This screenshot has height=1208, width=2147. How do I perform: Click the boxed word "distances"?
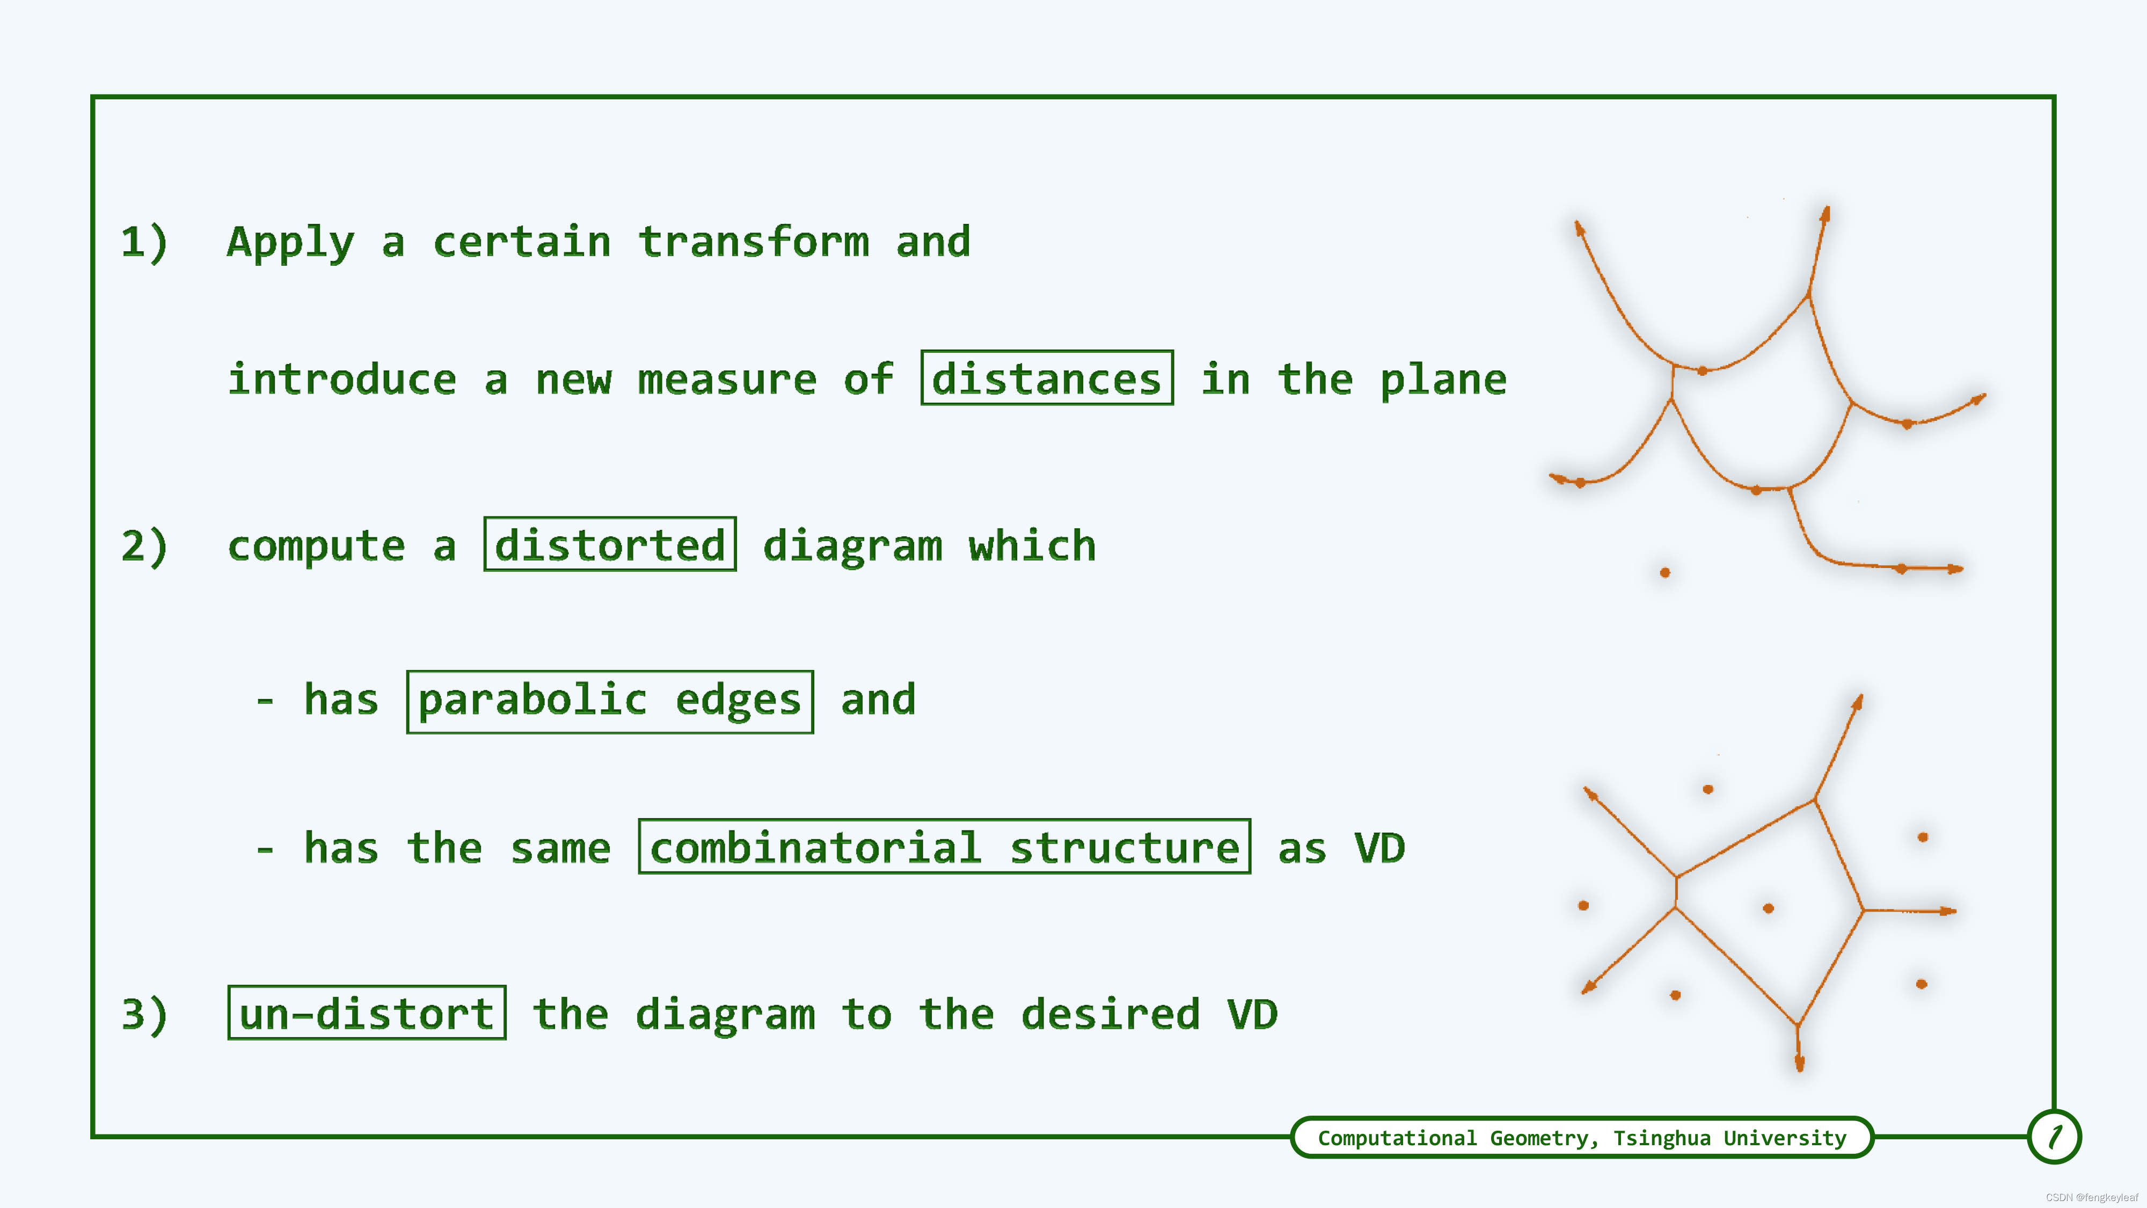(1047, 379)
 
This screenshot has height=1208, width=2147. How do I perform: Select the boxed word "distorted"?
(610, 544)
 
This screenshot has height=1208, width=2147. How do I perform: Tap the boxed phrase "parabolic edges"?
(610, 701)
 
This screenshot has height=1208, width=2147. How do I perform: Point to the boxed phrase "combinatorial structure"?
(944, 847)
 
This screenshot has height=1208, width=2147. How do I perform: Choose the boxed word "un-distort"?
(367, 1013)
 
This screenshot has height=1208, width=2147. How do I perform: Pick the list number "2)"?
(144, 546)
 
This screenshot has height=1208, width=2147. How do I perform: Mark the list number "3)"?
(144, 1015)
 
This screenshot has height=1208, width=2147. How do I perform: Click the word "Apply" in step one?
(291, 243)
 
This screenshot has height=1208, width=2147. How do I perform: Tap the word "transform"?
(754, 241)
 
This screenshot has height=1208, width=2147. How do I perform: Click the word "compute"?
(317, 547)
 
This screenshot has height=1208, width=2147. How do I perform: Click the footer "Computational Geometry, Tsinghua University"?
(1582, 1138)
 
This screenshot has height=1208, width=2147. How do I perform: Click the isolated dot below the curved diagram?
(1664, 573)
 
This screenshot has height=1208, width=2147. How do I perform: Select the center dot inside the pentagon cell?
(1769, 908)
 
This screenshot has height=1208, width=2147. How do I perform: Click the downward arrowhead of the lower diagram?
(1799, 1063)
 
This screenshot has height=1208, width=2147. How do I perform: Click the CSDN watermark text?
(2092, 1197)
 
